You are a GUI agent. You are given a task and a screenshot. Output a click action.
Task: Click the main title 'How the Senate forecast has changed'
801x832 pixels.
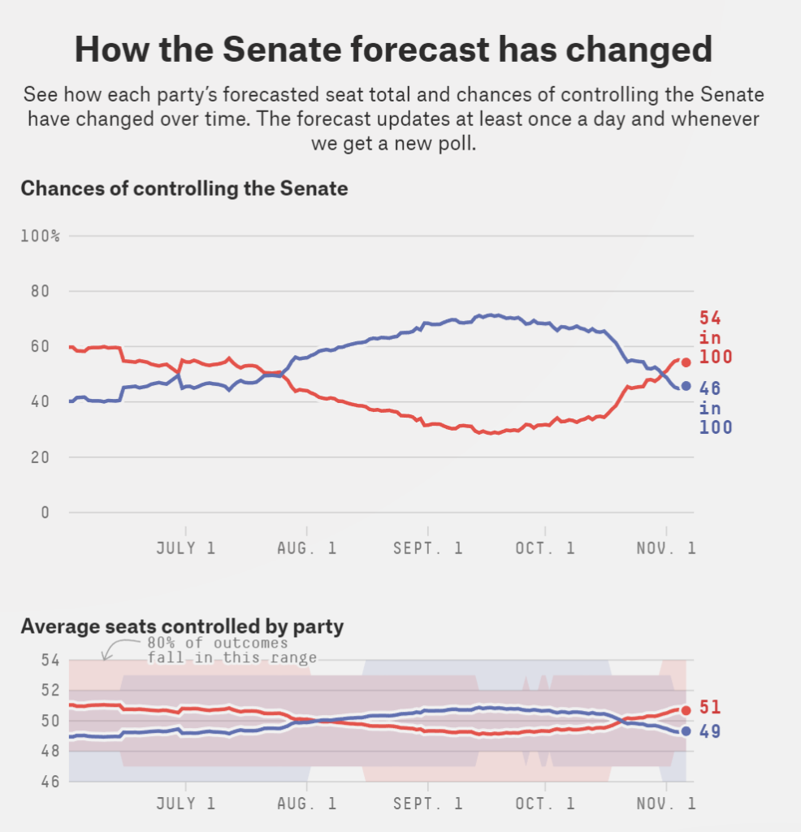(393, 50)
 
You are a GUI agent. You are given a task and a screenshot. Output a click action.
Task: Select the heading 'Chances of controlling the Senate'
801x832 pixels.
(184, 189)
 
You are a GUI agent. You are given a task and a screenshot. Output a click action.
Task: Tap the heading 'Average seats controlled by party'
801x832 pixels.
(182, 626)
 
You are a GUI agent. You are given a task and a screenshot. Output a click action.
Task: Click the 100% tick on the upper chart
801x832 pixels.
(41, 236)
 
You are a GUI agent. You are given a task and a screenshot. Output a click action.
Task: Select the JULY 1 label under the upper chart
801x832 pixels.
(186, 548)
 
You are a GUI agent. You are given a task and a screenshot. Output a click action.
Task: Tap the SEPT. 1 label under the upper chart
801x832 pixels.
(427, 548)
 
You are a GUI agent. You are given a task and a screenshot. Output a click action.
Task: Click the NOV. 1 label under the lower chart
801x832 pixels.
(666, 804)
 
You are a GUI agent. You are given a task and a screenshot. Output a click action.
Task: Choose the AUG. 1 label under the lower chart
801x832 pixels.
(308, 804)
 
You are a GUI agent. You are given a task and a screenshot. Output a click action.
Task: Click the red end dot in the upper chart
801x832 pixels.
(686, 362)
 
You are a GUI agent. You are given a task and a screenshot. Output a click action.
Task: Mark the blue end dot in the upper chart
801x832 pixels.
(686, 386)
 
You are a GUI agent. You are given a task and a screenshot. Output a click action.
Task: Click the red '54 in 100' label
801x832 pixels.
(715, 337)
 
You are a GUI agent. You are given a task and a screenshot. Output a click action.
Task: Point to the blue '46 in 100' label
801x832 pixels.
(715, 408)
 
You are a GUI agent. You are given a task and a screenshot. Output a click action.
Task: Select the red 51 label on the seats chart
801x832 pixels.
(711, 708)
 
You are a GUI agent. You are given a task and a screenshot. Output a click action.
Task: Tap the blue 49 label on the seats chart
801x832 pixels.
(711, 731)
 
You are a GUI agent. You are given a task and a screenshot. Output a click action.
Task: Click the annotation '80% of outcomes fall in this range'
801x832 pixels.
(232, 651)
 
